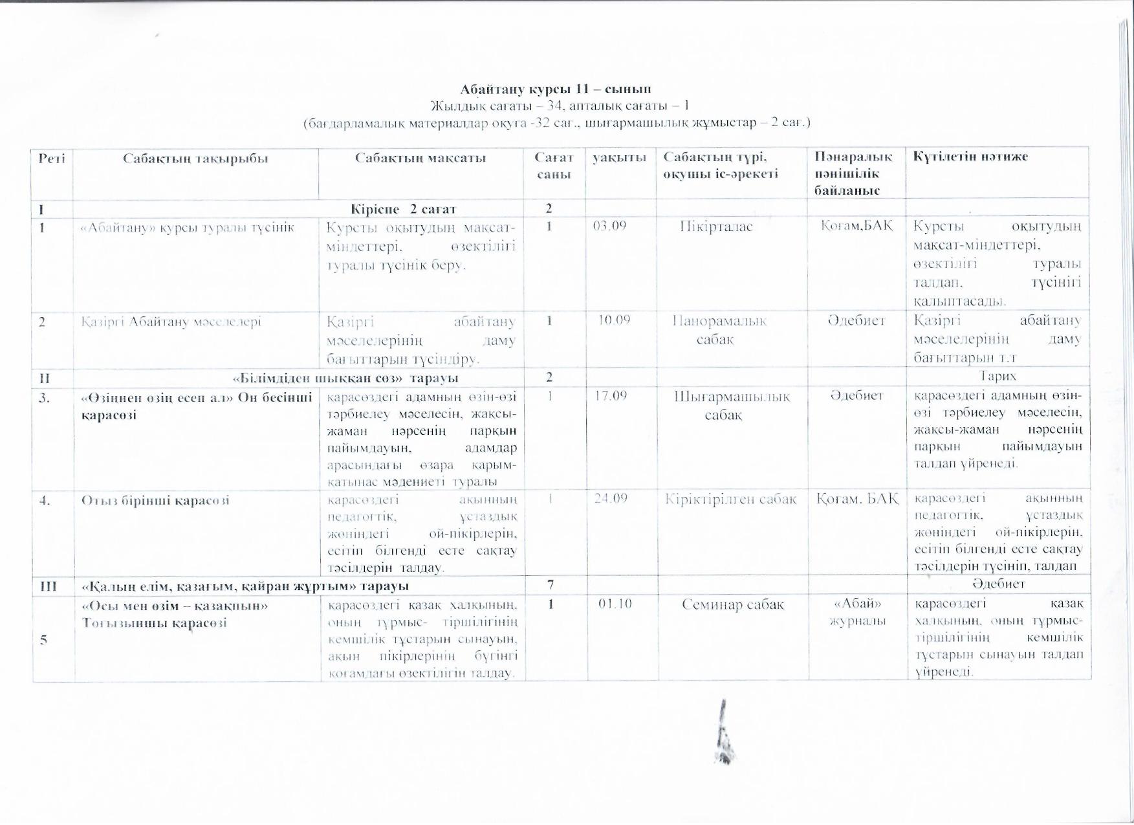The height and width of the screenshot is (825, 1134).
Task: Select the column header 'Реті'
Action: coord(52,157)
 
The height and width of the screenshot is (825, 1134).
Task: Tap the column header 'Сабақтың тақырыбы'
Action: coord(195,157)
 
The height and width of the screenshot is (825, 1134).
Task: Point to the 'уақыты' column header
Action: coord(619,157)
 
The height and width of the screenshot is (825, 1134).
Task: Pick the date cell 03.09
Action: coord(609,226)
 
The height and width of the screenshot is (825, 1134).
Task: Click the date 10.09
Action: coord(613,320)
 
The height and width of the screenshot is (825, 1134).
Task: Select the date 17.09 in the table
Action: coord(611,395)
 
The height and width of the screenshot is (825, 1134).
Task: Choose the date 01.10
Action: coord(615,604)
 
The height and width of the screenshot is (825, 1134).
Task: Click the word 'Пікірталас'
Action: coord(716,227)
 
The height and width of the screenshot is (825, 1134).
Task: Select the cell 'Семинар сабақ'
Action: coord(732,604)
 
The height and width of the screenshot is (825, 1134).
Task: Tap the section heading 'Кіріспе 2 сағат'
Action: coord(403,208)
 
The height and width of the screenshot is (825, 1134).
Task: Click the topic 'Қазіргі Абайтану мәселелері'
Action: coord(171,321)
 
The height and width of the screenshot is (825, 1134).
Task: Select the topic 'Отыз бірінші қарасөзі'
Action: coord(155,500)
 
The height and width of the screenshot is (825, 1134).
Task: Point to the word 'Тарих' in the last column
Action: coord(998,376)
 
